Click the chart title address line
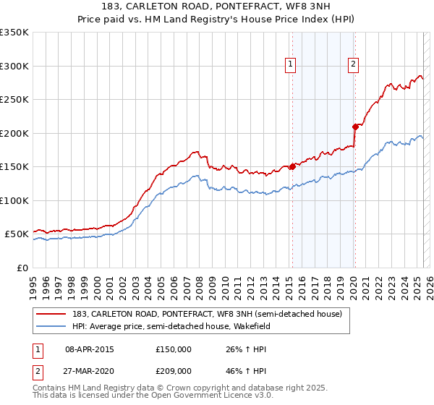point(218,8)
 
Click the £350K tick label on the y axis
point(14,33)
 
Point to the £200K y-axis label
point(14,133)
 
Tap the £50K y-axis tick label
point(17,234)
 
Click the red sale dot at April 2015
point(292,166)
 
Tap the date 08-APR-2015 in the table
point(90,349)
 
